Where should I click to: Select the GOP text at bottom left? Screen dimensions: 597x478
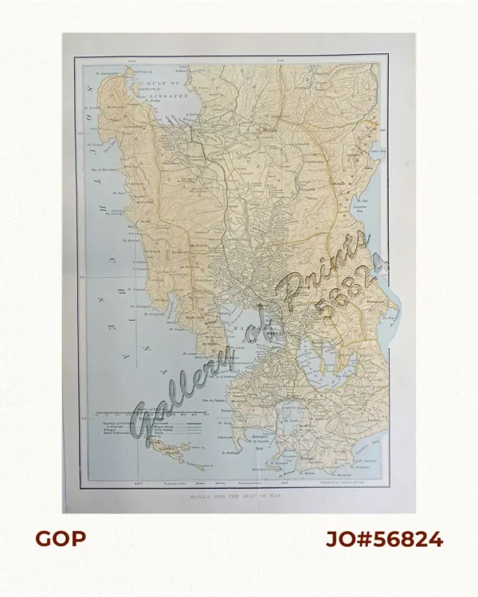coord(60,539)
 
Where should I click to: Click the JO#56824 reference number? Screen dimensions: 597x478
coord(384,539)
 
